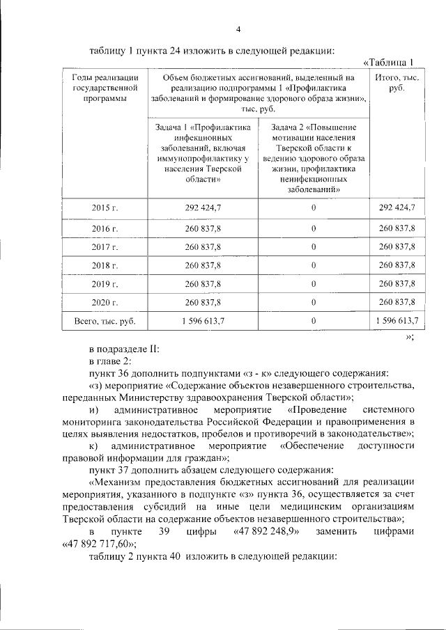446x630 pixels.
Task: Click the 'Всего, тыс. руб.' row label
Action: point(105,322)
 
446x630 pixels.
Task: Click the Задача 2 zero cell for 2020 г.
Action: point(314,302)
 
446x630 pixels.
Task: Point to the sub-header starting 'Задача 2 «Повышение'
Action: point(314,158)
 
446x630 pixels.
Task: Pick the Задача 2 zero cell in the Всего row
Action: point(314,322)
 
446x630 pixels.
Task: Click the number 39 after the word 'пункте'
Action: point(165,533)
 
